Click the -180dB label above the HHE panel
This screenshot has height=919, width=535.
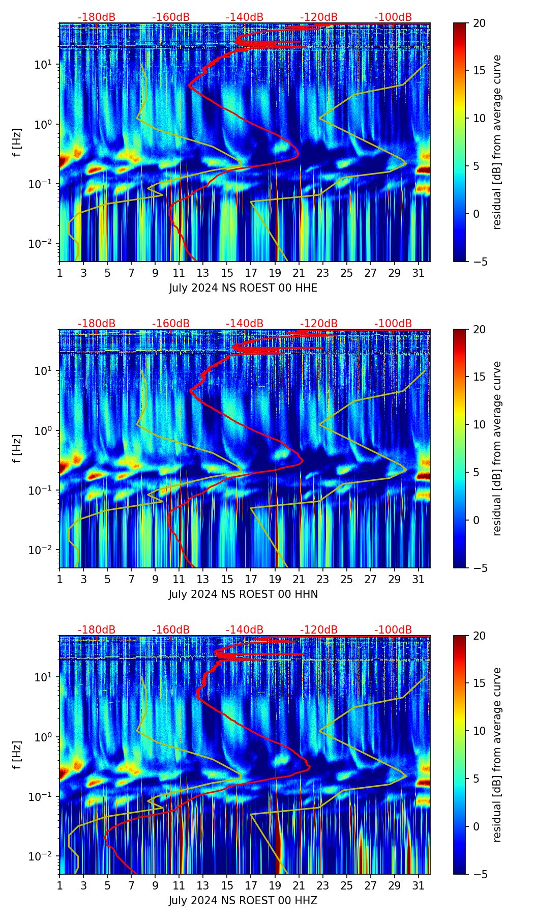(x=97, y=17)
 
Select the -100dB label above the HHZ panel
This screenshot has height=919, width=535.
(x=393, y=630)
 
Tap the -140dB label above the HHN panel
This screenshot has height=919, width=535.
(x=245, y=324)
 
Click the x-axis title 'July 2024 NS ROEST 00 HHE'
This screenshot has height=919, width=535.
(x=243, y=288)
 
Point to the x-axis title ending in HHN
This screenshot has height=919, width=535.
(x=243, y=594)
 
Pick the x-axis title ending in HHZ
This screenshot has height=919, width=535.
(x=243, y=901)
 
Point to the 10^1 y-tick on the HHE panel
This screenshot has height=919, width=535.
(x=44, y=65)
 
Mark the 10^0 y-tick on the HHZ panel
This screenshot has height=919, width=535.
(x=44, y=737)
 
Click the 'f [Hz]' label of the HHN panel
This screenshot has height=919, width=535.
(x=18, y=448)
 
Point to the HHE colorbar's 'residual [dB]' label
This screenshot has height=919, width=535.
(x=497, y=142)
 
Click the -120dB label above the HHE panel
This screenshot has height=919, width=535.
(x=319, y=17)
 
